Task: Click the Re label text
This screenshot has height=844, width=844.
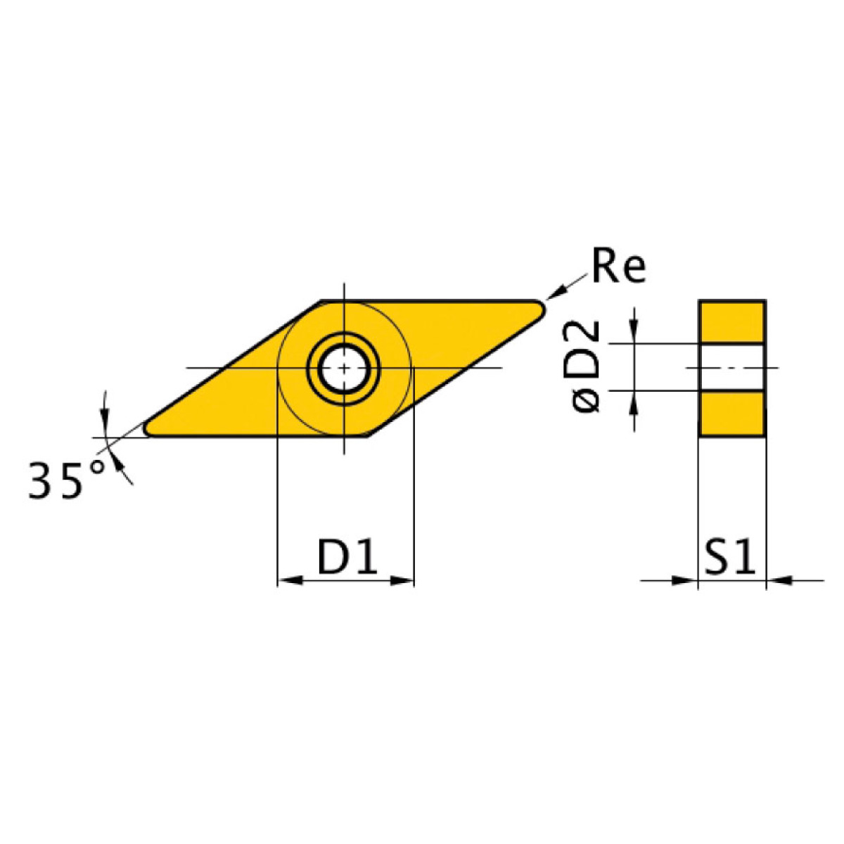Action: click(x=618, y=266)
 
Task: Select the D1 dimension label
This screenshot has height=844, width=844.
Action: click(x=347, y=558)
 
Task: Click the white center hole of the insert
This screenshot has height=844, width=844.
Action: click(x=344, y=368)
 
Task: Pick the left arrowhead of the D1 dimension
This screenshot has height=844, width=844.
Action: click(x=289, y=580)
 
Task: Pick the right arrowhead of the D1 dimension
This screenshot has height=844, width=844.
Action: click(x=402, y=580)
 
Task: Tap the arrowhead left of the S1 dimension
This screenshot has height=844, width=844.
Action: click(x=685, y=580)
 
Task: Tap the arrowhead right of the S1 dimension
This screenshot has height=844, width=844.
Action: click(x=778, y=580)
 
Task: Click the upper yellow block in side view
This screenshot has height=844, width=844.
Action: click(x=732, y=322)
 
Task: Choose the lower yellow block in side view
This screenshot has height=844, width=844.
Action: click(x=732, y=414)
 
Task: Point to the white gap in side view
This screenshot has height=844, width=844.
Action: click(x=732, y=368)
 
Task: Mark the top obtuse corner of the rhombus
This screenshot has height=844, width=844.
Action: click(x=322, y=302)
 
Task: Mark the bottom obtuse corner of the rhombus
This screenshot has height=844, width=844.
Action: click(x=368, y=435)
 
